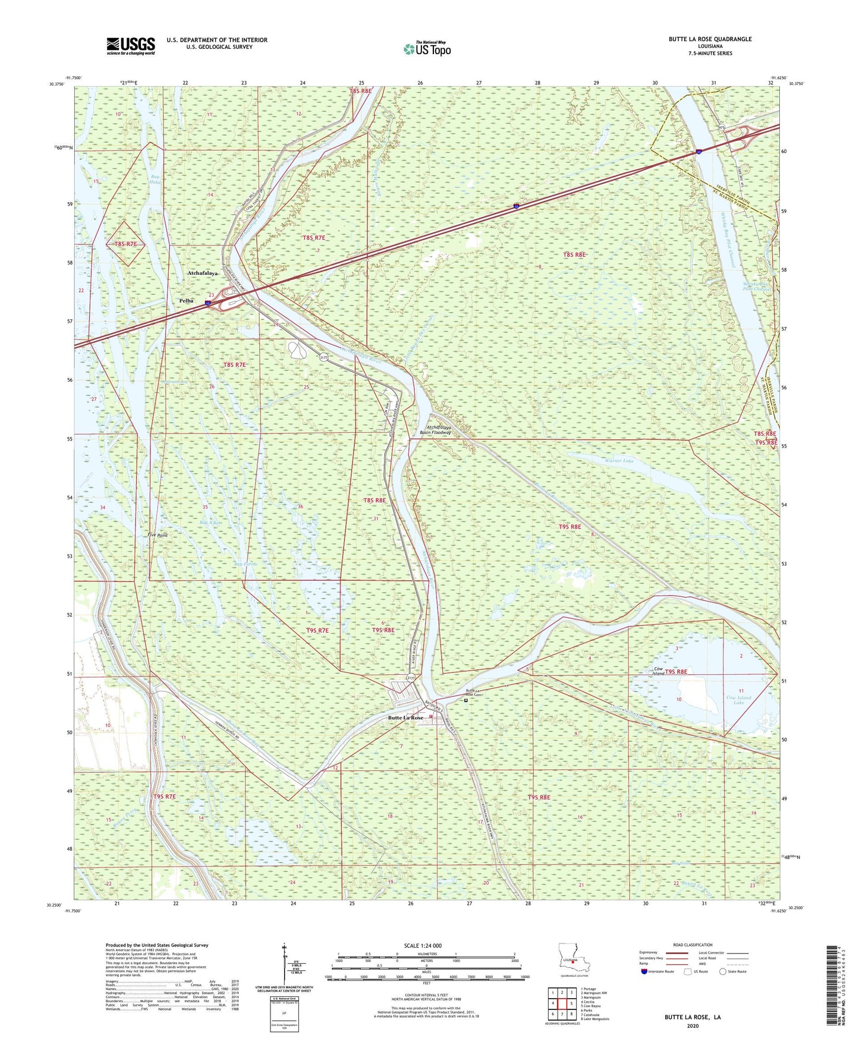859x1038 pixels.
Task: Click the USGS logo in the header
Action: [131, 46]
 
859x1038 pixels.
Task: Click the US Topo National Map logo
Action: [426, 49]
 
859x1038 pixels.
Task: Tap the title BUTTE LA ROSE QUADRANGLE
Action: [710, 39]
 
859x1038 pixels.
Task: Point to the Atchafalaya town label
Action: [203, 273]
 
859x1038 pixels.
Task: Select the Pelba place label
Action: [186, 301]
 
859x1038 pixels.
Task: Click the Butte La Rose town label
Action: [405, 718]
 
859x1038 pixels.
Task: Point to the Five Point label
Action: [158, 535]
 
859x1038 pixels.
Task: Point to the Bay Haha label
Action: [156, 180]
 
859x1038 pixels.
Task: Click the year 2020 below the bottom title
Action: [693, 1026]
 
